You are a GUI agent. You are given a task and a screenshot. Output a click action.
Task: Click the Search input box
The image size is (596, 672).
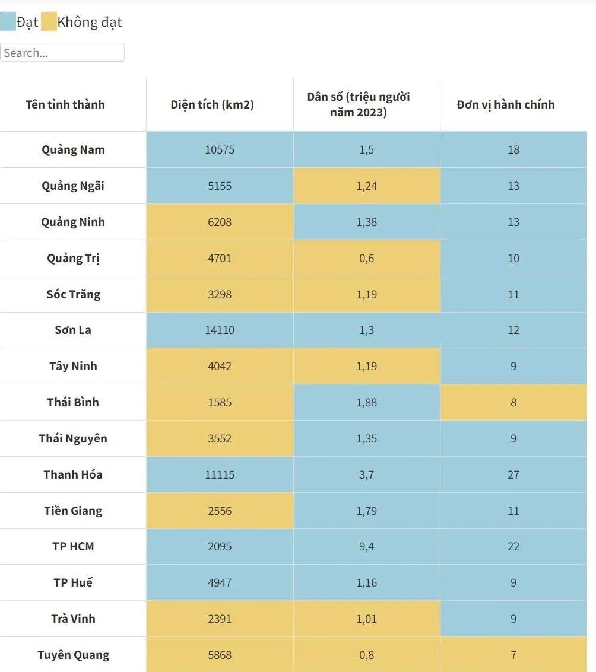pos(62,52)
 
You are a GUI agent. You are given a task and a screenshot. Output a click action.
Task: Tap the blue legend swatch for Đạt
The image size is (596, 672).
pos(8,23)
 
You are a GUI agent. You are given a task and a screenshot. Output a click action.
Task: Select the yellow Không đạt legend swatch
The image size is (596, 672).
pos(49,23)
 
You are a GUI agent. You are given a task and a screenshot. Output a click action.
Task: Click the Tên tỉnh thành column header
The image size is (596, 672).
pos(65,104)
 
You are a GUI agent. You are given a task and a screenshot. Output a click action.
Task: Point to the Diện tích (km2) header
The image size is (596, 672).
pos(212,104)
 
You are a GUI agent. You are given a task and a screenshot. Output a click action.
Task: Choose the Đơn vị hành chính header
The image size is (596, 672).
pos(506,104)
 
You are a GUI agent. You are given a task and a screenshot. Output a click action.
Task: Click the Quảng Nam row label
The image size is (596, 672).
pos(73,149)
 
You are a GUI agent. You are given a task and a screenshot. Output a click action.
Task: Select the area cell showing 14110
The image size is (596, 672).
pos(220,330)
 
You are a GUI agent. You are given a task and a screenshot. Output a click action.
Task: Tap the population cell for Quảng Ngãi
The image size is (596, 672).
pos(367,186)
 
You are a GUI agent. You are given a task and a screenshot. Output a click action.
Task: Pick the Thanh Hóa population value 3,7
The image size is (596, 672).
pos(367,474)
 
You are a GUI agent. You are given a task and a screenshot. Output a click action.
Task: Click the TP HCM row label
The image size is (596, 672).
pos(73,546)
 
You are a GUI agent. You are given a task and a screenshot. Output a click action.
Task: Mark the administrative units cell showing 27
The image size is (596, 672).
pos(513,474)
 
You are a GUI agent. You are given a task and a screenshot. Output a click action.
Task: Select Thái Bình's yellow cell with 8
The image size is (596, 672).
pos(513,402)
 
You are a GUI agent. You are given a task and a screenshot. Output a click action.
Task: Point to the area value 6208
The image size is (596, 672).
pos(220,222)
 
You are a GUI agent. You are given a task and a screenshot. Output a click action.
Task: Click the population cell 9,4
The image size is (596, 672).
pos(367,546)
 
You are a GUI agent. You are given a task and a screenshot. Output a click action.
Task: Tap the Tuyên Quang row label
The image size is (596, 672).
pos(73,655)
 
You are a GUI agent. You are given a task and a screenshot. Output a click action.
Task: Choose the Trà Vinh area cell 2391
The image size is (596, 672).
pos(220,619)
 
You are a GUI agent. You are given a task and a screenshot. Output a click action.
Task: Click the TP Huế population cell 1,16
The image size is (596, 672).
pos(367,582)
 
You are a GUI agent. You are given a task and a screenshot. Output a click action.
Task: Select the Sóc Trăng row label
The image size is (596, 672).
pos(73,294)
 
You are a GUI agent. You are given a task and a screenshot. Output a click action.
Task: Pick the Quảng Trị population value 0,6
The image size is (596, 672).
pos(367,258)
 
